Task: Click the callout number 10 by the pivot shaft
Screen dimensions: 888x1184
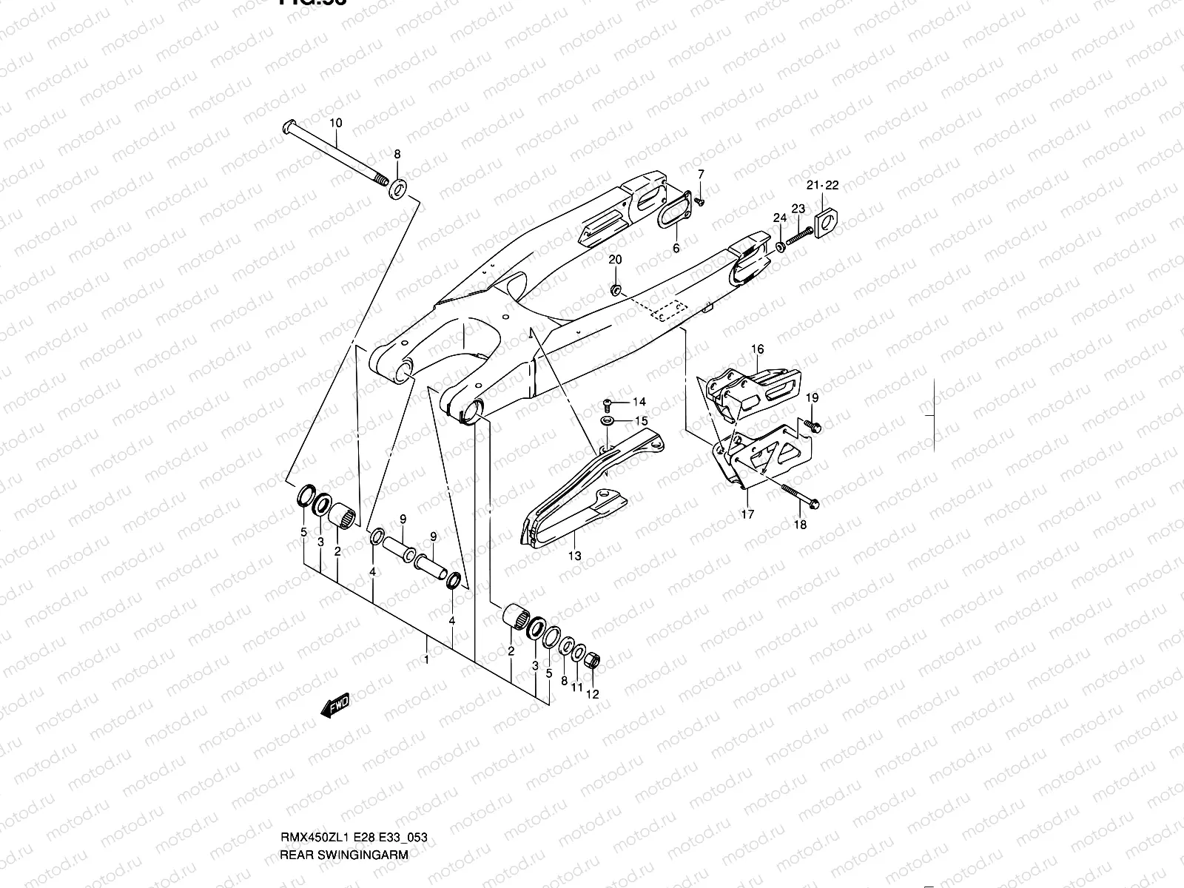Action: tap(335, 123)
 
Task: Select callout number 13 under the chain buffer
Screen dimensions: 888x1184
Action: tap(574, 556)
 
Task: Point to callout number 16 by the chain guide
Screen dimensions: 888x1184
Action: tap(757, 349)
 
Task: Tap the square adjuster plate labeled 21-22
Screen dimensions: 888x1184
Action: tap(827, 220)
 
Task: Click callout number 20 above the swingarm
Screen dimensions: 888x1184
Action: tap(615, 260)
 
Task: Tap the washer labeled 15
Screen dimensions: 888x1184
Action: tap(607, 421)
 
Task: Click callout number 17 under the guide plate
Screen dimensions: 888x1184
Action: tap(747, 514)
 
